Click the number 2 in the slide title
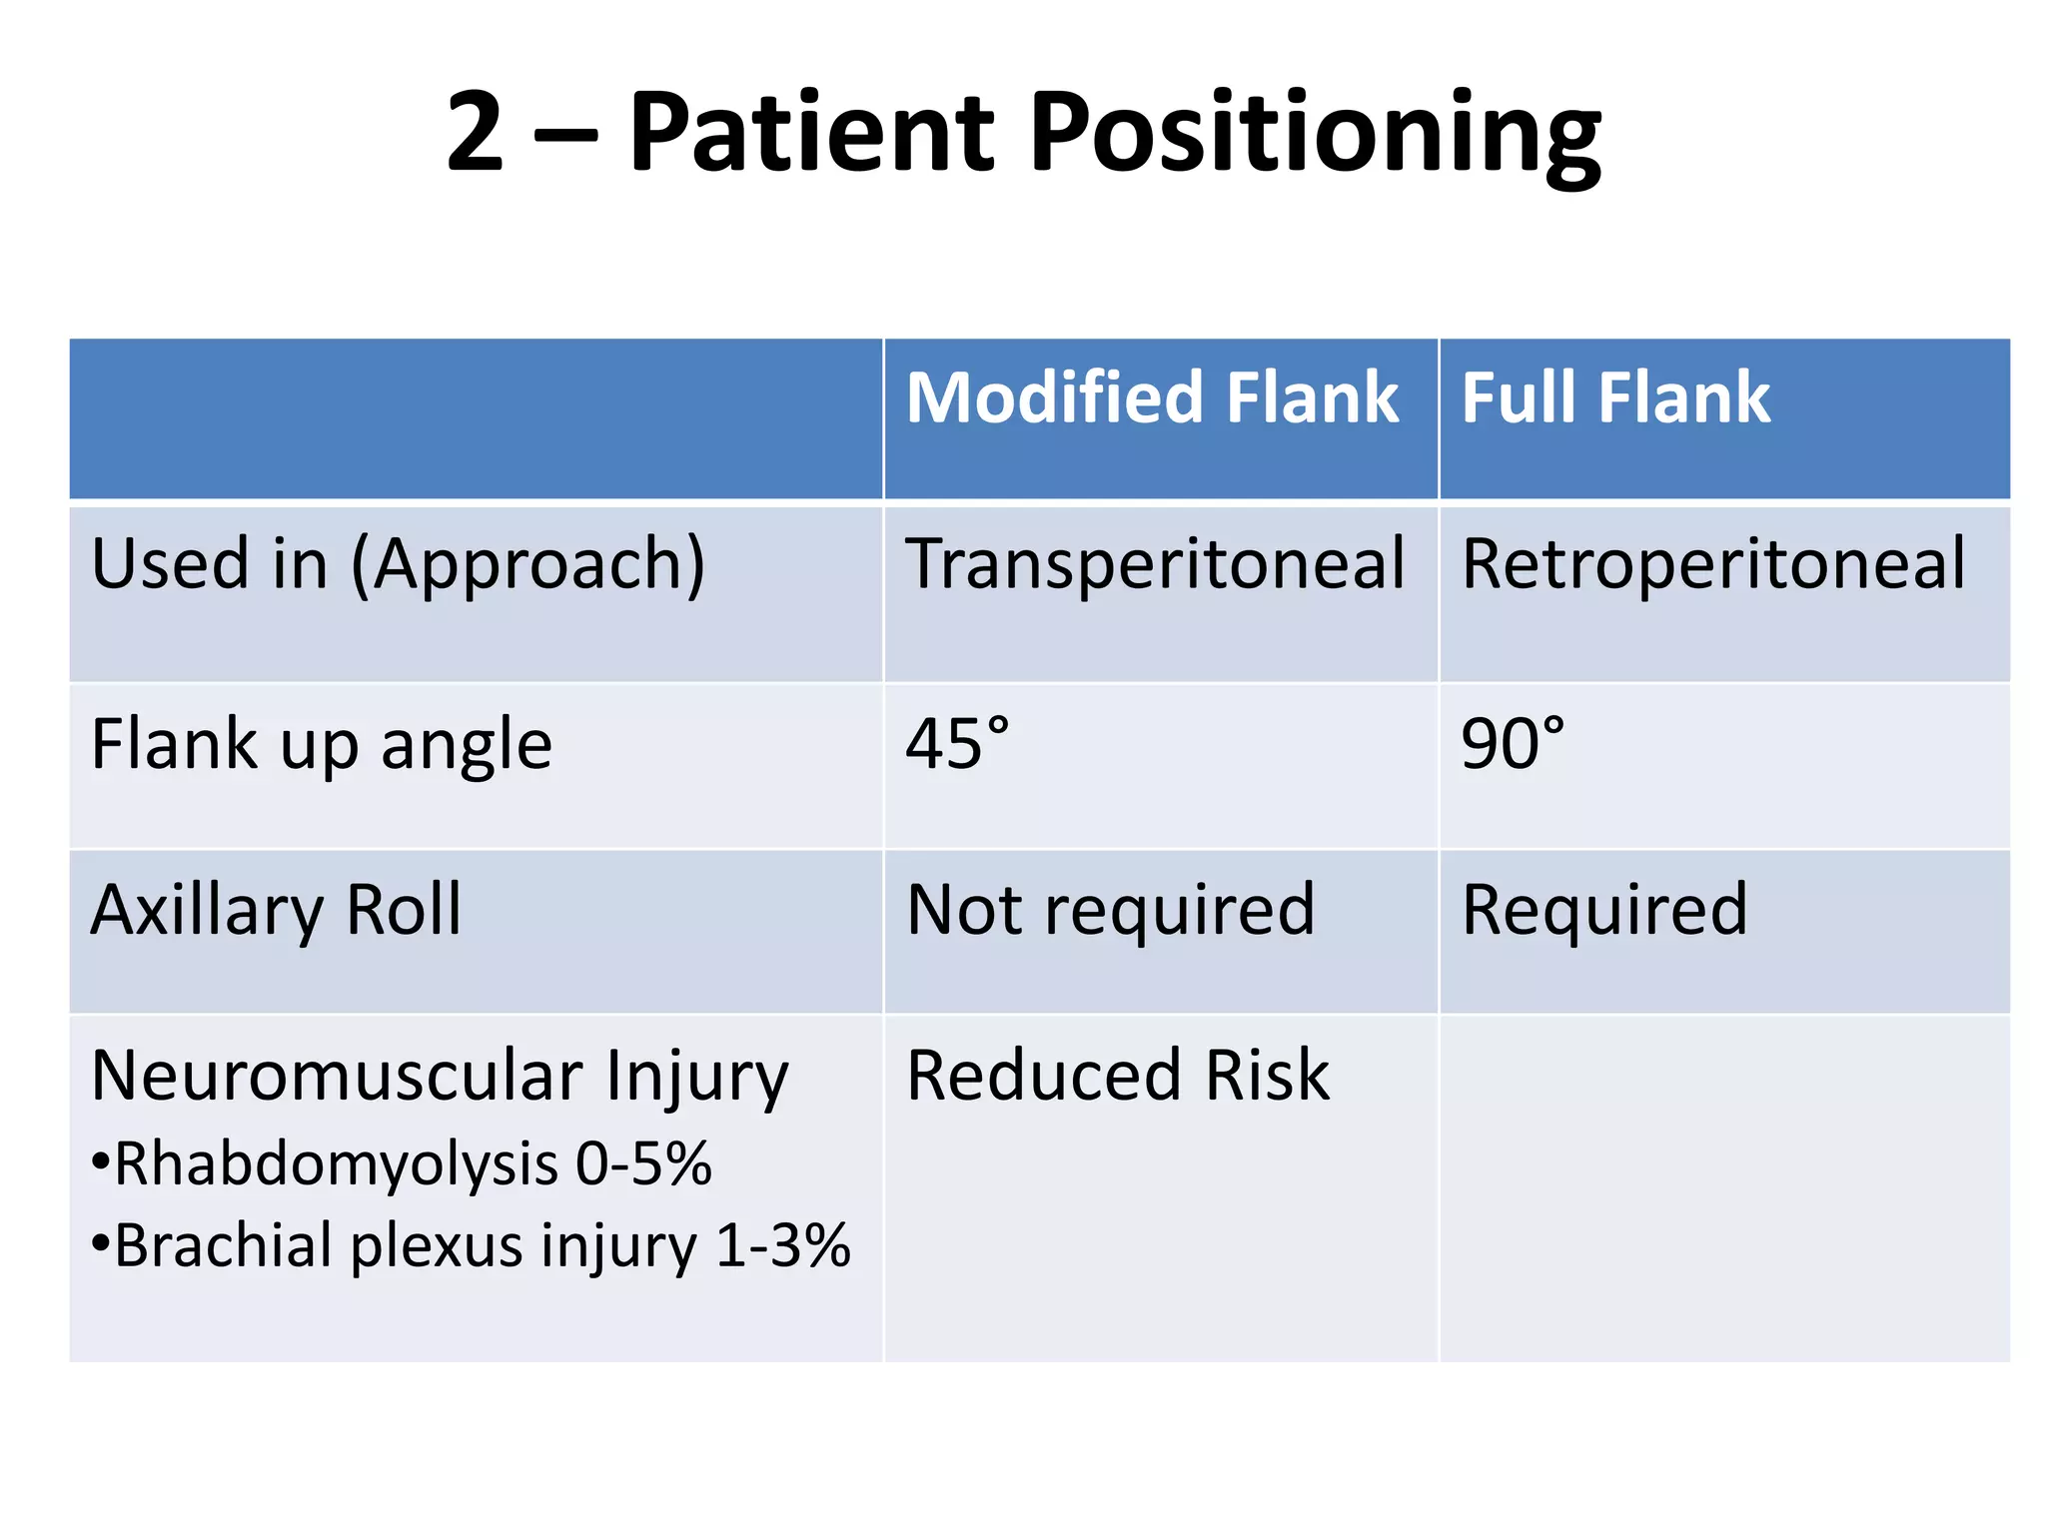click(x=474, y=133)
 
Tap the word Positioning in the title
click(x=1315, y=135)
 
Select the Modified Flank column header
click(x=1152, y=397)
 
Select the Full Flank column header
click(x=1615, y=397)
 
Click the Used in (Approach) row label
click(x=398, y=564)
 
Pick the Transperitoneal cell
click(x=1155, y=564)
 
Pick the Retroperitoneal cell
click(x=1712, y=564)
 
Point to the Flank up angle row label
click(x=321, y=744)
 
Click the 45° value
click(x=957, y=744)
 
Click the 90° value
click(x=1513, y=744)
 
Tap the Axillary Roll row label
click(x=276, y=910)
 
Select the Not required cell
click(x=1110, y=910)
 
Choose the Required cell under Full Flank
click(x=1604, y=910)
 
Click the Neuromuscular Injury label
click(x=440, y=1077)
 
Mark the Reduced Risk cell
click(x=1117, y=1076)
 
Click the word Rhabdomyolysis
click(x=336, y=1164)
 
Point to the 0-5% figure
click(x=643, y=1164)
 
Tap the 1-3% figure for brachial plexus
click(x=783, y=1246)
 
